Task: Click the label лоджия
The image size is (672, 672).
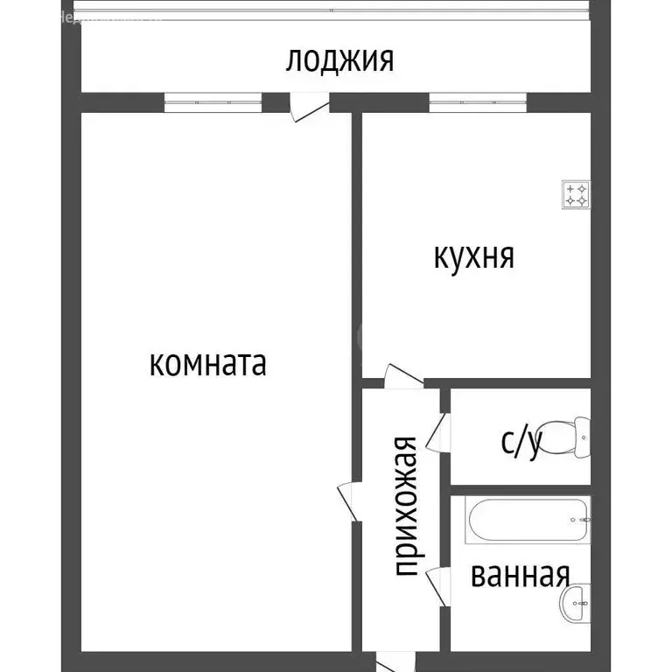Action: point(339,61)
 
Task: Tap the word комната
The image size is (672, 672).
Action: point(208,363)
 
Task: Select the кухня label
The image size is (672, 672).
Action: point(473,257)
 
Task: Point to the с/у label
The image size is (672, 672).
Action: point(521,442)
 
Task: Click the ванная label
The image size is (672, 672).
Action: point(520,575)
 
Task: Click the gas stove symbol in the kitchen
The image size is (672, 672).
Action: point(576,194)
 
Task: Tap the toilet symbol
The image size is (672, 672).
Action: point(577,437)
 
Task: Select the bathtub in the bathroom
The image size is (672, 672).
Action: point(528,521)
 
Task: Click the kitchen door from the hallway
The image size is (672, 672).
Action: point(402,378)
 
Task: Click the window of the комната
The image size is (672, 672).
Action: point(213,103)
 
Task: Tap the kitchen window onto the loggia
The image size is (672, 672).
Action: point(478,103)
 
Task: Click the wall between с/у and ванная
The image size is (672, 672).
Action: point(520,490)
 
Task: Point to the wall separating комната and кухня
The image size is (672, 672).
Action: point(357,245)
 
